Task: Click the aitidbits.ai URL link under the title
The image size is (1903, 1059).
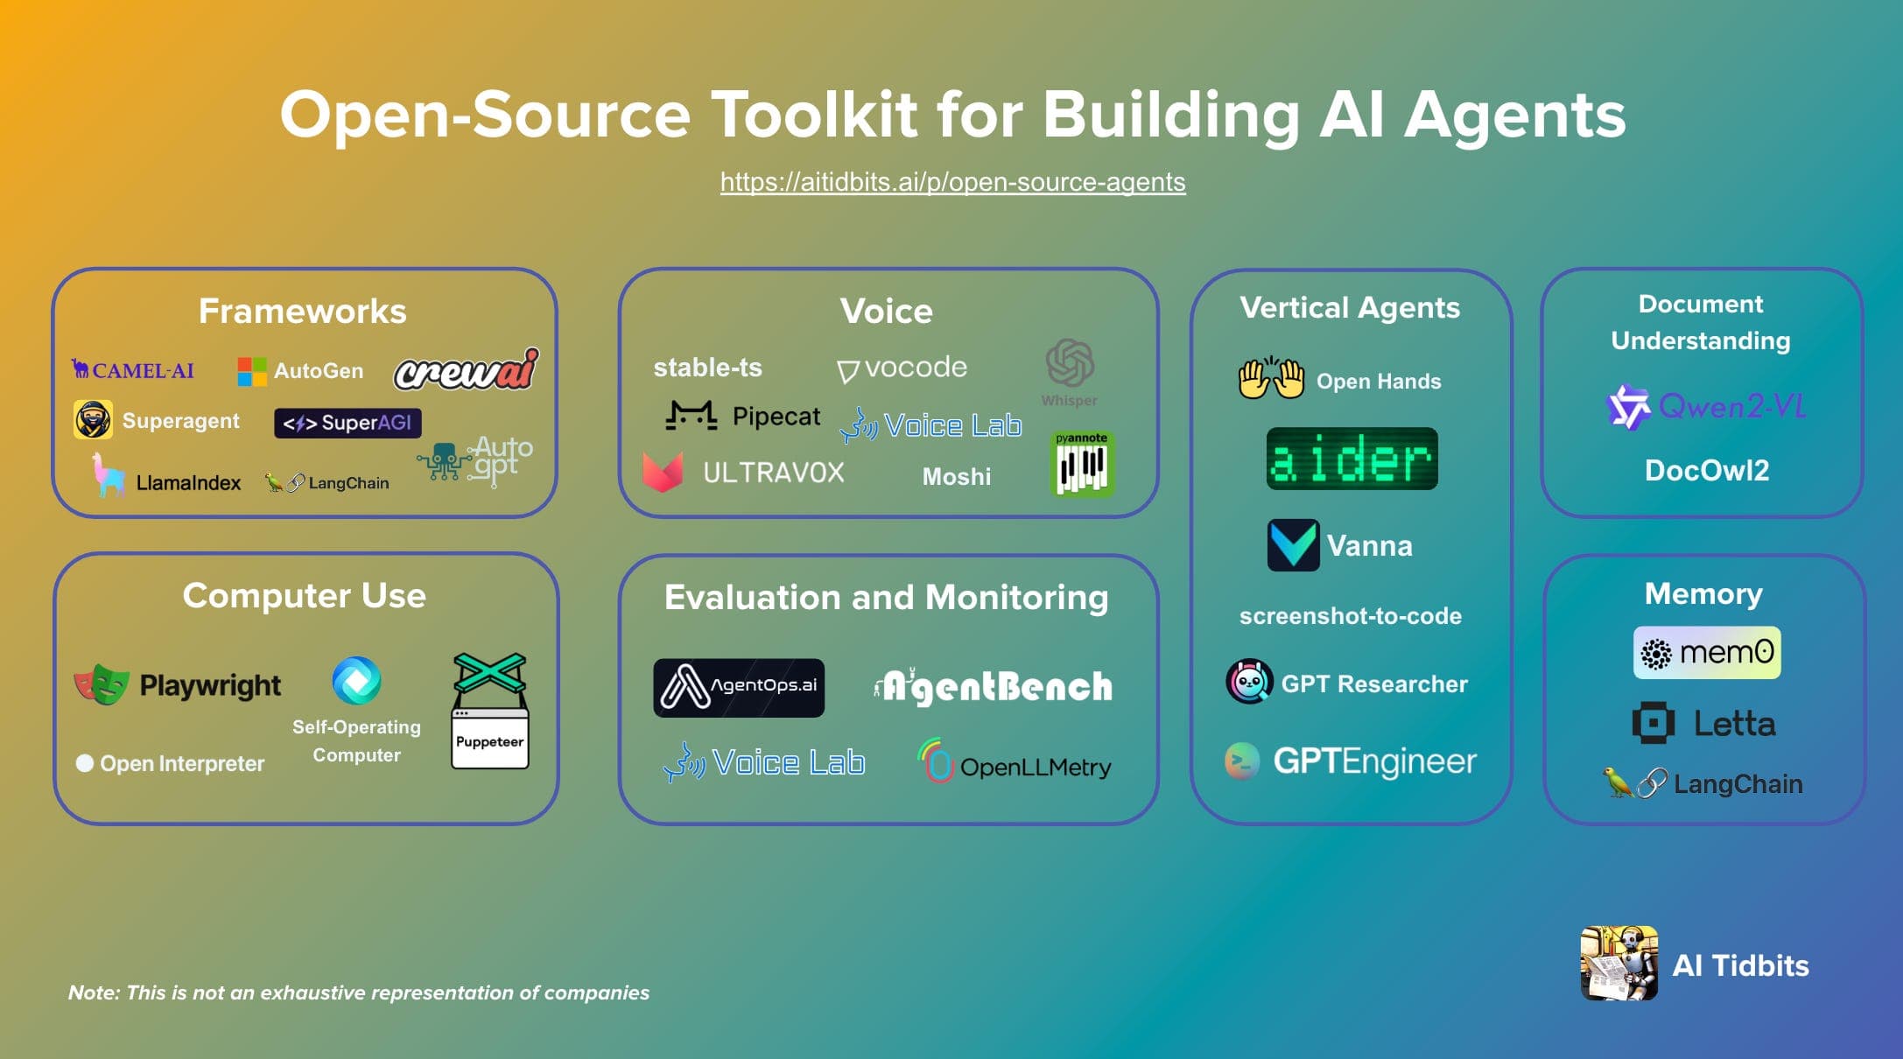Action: pyautogui.click(x=952, y=182)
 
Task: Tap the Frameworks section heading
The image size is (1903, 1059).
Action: pyautogui.click(x=302, y=312)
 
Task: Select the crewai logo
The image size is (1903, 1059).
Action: pyautogui.click(x=466, y=370)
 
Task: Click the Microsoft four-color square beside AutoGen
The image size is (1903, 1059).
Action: pyautogui.click(x=251, y=371)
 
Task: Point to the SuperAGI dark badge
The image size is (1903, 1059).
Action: pyautogui.click(x=348, y=423)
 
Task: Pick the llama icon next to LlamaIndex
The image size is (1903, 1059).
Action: pyautogui.click(x=109, y=475)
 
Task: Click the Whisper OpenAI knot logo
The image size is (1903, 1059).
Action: pyautogui.click(x=1070, y=363)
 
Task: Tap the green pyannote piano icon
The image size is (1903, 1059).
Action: pyautogui.click(x=1082, y=465)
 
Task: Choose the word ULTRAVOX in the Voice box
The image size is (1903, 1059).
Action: pyautogui.click(x=773, y=473)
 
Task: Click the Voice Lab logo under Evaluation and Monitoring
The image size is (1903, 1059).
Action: pyautogui.click(x=764, y=763)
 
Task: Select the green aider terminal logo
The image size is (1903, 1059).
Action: pyautogui.click(x=1352, y=459)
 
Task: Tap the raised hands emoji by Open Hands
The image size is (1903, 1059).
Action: pyautogui.click(x=1271, y=379)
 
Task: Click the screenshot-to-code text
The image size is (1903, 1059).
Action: pyautogui.click(x=1350, y=616)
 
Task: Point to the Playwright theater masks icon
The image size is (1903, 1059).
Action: pyautogui.click(x=102, y=684)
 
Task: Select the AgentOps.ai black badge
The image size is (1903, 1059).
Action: pyautogui.click(x=739, y=687)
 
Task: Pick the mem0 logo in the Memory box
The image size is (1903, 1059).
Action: pyautogui.click(x=1707, y=653)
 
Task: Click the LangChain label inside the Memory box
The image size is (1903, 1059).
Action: pyautogui.click(x=1738, y=784)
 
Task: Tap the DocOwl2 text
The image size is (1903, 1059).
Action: pyautogui.click(x=1707, y=471)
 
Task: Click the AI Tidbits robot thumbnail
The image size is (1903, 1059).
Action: pyautogui.click(x=1619, y=963)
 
